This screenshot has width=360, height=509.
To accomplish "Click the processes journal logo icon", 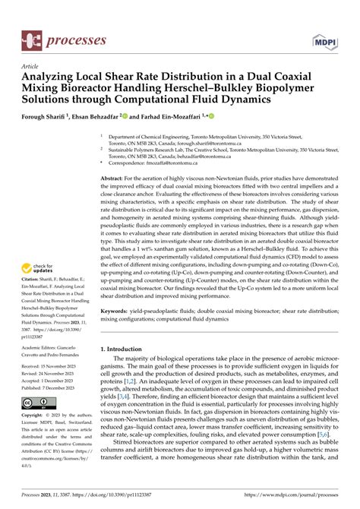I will pyautogui.click(x=30, y=38).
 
